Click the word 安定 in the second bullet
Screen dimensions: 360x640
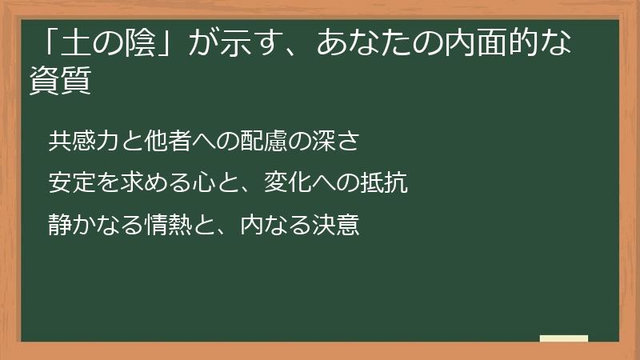pyautogui.click(x=70, y=183)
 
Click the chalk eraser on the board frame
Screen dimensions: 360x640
pyautogui.click(x=563, y=338)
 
